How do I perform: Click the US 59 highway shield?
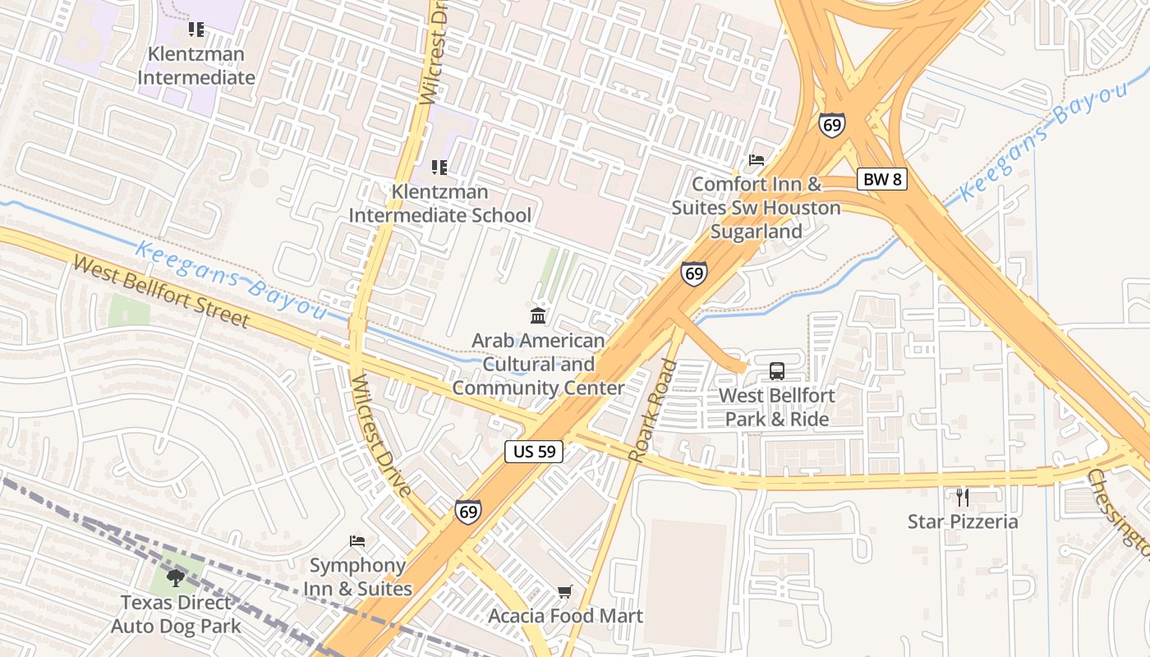pos(534,451)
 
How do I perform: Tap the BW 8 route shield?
pos(882,179)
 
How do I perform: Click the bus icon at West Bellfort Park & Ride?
pos(777,370)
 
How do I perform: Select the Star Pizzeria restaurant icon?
pos(963,497)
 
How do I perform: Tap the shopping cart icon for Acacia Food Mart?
pos(564,591)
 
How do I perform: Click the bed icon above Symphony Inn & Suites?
pos(357,540)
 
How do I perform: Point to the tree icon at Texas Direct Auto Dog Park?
pos(175,577)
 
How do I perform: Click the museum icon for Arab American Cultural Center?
pos(538,315)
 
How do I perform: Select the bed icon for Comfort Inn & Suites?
pos(757,159)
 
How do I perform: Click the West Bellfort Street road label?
pos(161,292)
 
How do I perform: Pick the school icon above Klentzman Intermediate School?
pos(439,168)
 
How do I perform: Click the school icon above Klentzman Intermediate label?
pos(195,30)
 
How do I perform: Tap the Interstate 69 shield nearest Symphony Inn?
pos(467,512)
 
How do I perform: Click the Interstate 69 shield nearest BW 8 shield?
pos(831,125)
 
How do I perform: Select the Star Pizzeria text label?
pos(963,521)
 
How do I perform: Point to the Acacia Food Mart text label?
pos(565,616)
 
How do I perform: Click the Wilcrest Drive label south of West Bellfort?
pos(380,435)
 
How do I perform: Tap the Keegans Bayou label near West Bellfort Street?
pos(230,279)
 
